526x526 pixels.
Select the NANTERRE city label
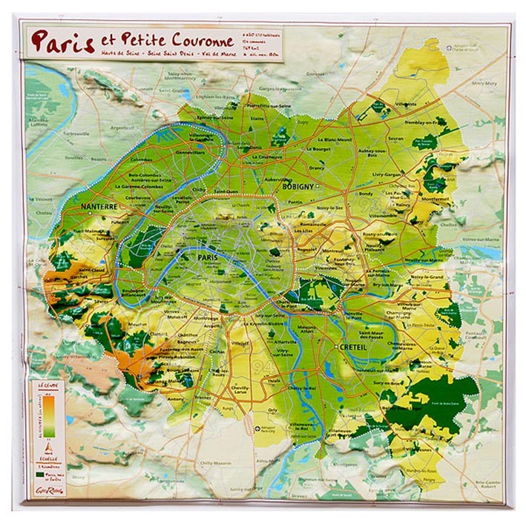[x=100, y=207]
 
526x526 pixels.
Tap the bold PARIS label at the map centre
[x=210, y=257]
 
